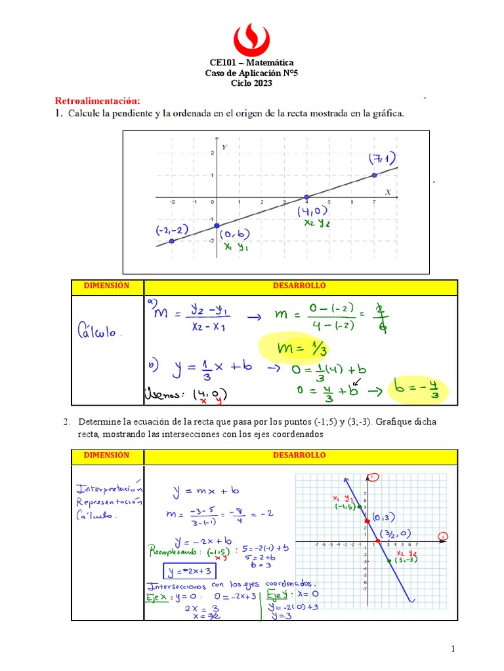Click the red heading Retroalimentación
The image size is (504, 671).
click(x=97, y=101)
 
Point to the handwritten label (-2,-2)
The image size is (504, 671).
click(x=171, y=230)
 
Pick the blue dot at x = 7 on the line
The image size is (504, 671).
click(x=374, y=175)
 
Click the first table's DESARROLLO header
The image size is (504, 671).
click(x=299, y=286)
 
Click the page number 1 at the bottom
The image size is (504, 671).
click(x=453, y=649)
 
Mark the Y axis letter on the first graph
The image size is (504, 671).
click(x=224, y=147)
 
